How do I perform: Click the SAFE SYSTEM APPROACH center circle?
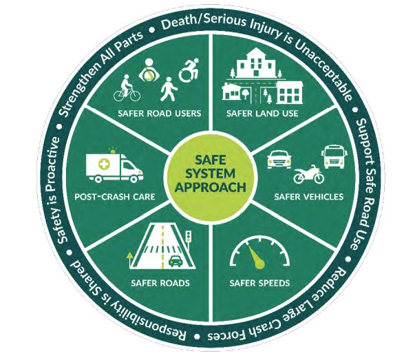point(211,178)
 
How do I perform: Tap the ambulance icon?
point(114,166)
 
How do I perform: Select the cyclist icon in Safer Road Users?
point(127,88)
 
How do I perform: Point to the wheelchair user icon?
point(189,70)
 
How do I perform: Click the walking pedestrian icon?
point(169,89)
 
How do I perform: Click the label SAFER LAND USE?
point(262,114)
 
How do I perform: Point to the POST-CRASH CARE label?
point(115,197)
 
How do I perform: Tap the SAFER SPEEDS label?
point(259,283)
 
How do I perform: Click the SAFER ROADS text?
point(160,283)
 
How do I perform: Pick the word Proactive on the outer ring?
point(53,166)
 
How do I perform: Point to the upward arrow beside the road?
point(129,260)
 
